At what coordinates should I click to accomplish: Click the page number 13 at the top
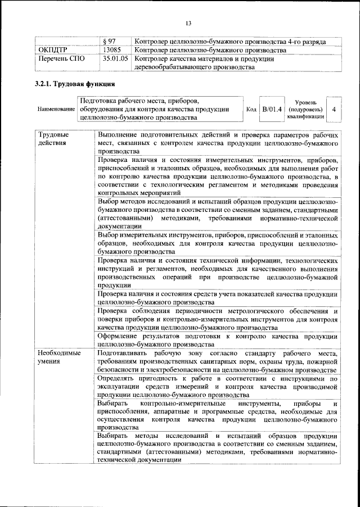(188, 23)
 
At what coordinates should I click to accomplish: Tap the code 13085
(112, 50)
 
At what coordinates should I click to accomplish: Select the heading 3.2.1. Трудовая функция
(75, 84)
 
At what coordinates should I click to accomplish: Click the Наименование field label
(56, 108)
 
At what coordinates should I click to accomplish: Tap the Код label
(251, 109)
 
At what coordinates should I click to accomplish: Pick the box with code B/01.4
(273, 108)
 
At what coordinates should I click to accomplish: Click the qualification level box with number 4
(334, 108)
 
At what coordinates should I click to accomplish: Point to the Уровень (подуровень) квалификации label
(305, 108)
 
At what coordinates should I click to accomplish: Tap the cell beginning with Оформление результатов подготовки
(217, 340)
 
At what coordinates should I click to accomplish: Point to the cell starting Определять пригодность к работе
(217, 387)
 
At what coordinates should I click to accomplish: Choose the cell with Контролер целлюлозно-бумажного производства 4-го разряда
(231, 42)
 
